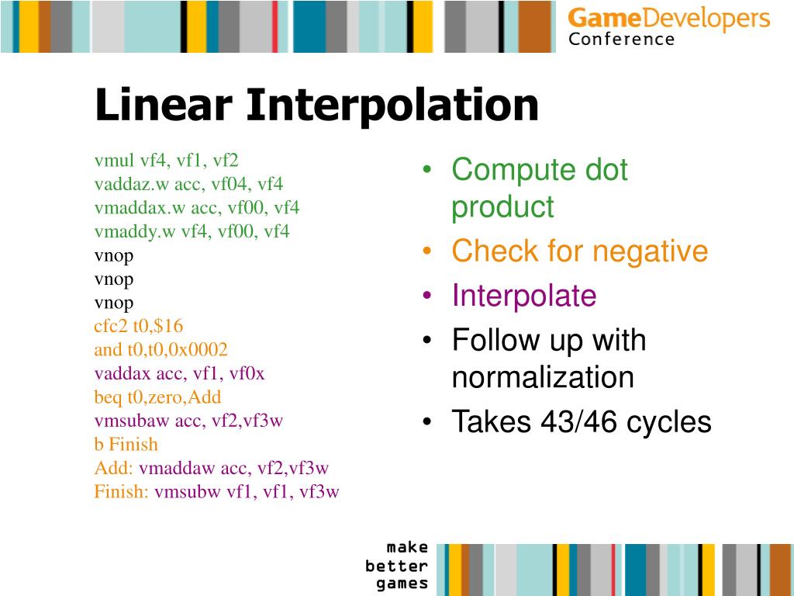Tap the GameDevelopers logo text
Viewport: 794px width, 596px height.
[668, 19]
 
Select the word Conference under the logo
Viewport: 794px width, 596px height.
[621, 40]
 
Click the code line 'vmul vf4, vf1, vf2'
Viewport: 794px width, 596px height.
[166, 161]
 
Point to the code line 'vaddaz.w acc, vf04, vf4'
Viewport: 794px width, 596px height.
[188, 184]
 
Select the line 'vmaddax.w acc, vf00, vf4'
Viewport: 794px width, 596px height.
[196, 208]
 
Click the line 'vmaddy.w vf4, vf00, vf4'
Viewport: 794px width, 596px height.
[192, 231]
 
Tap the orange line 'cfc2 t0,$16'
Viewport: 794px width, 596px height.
[139, 326]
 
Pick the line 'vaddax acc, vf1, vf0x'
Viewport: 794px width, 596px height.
[179, 373]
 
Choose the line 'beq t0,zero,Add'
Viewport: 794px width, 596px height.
[157, 397]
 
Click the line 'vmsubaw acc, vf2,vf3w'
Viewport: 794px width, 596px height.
[188, 421]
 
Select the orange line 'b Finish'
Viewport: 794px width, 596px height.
[126, 445]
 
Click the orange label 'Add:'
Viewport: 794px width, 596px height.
[114, 468]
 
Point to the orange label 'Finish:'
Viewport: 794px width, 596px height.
[121, 492]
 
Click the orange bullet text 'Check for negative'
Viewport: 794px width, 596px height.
[579, 251]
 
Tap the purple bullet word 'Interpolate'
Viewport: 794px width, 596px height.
[524, 296]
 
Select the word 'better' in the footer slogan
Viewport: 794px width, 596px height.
[396, 566]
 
